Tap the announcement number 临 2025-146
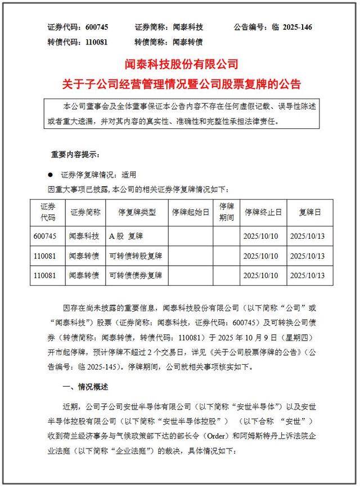(290, 27)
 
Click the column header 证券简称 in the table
(85, 212)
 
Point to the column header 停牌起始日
(190, 212)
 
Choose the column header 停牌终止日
(262, 212)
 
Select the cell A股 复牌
(130, 236)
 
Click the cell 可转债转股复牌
(136, 256)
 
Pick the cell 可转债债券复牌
(136, 275)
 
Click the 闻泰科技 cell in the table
(84, 236)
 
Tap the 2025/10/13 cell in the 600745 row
(307, 236)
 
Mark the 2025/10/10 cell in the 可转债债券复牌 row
(261, 275)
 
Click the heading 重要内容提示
(75, 154)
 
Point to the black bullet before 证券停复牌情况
(49, 175)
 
